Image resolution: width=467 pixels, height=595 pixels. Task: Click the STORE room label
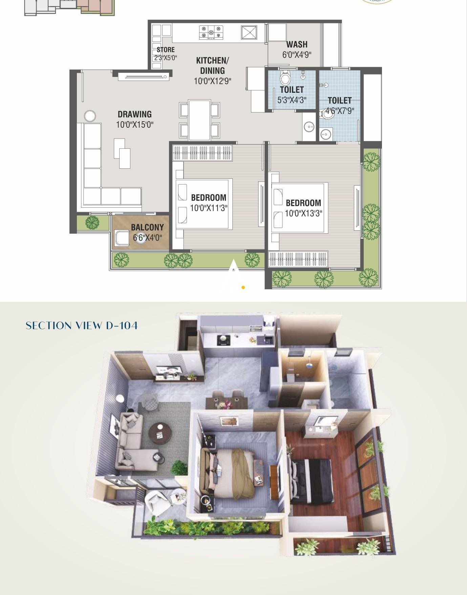tap(166, 50)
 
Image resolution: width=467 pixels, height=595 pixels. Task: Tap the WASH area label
tap(297, 44)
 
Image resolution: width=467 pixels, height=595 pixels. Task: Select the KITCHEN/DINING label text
tap(212, 65)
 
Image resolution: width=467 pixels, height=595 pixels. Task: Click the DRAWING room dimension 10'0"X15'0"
tap(135, 124)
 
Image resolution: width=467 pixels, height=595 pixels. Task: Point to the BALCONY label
tap(147, 227)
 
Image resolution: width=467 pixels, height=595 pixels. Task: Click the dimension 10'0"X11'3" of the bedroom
tap(209, 208)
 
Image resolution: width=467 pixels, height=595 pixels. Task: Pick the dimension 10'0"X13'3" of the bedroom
tap(303, 213)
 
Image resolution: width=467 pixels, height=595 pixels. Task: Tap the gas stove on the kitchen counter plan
tap(211, 32)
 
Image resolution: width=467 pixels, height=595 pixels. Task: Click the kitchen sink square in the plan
tap(249, 33)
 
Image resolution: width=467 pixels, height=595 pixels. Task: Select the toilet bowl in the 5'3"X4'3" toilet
tap(285, 78)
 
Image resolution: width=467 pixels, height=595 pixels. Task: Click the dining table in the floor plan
tap(199, 120)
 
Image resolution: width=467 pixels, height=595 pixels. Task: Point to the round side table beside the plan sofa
tap(90, 116)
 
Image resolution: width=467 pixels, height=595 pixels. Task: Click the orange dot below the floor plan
tap(243, 287)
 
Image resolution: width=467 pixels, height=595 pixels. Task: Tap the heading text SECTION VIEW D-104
tap(82, 326)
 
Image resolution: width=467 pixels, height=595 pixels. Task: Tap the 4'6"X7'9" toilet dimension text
tap(340, 111)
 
